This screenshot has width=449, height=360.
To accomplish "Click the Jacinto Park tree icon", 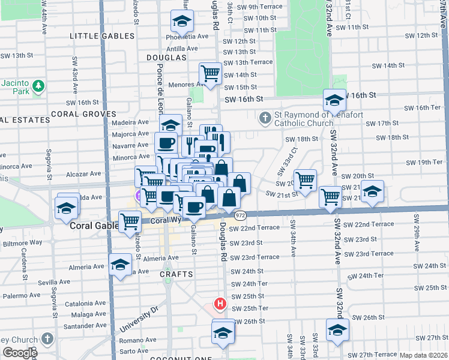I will [x=39, y=86].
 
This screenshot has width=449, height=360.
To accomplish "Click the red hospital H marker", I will [x=220, y=304].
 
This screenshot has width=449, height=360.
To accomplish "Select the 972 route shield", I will [x=241, y=215].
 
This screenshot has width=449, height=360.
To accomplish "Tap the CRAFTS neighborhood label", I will [x=176, y=274].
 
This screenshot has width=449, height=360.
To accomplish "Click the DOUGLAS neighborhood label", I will [x=166, y=57].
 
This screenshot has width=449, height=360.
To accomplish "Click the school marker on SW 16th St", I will [x=334, y=100].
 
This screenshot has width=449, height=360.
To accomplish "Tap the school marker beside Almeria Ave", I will [x=121, y=264].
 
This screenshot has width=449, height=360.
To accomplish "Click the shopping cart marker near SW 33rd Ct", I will [x=306, y=179].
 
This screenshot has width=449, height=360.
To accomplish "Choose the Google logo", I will [x=20, y=353].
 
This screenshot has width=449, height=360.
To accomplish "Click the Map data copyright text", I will [x=424, y=355].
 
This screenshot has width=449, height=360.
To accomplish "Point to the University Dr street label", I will [x=138, y=320].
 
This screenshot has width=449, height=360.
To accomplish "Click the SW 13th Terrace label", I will [x=248, y=62].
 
